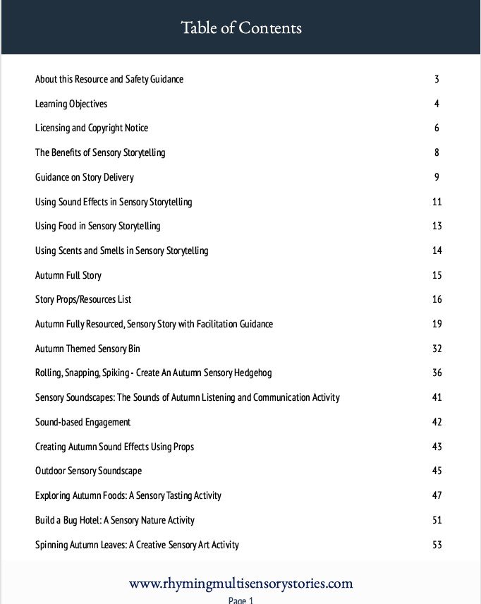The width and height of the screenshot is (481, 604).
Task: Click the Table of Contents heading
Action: [240, 28]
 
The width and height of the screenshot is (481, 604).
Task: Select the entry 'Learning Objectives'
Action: [71, 104]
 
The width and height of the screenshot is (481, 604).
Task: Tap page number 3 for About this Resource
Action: [437, 79]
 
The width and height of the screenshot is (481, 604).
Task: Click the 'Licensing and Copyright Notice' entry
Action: [92, 128]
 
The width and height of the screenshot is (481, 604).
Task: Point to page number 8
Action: [437, 152]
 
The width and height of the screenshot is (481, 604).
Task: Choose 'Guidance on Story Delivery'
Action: [85, 177]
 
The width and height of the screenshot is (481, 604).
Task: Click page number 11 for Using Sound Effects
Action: [437, 202]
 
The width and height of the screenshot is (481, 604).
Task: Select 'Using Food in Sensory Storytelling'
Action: [98, 226]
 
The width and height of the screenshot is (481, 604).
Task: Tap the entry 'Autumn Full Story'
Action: [68, 275]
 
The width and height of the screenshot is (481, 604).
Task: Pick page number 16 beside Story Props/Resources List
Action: [437, 299]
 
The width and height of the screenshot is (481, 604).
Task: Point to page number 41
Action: [437, 397]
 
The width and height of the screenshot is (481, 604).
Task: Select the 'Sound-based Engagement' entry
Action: [83, 422]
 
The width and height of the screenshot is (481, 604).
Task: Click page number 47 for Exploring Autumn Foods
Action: [437, 495]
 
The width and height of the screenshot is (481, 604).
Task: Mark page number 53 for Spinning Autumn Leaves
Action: [437, 544]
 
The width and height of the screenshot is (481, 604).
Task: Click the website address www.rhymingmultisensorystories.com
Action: [240, 584]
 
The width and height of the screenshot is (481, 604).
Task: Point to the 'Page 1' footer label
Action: [240, 600]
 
